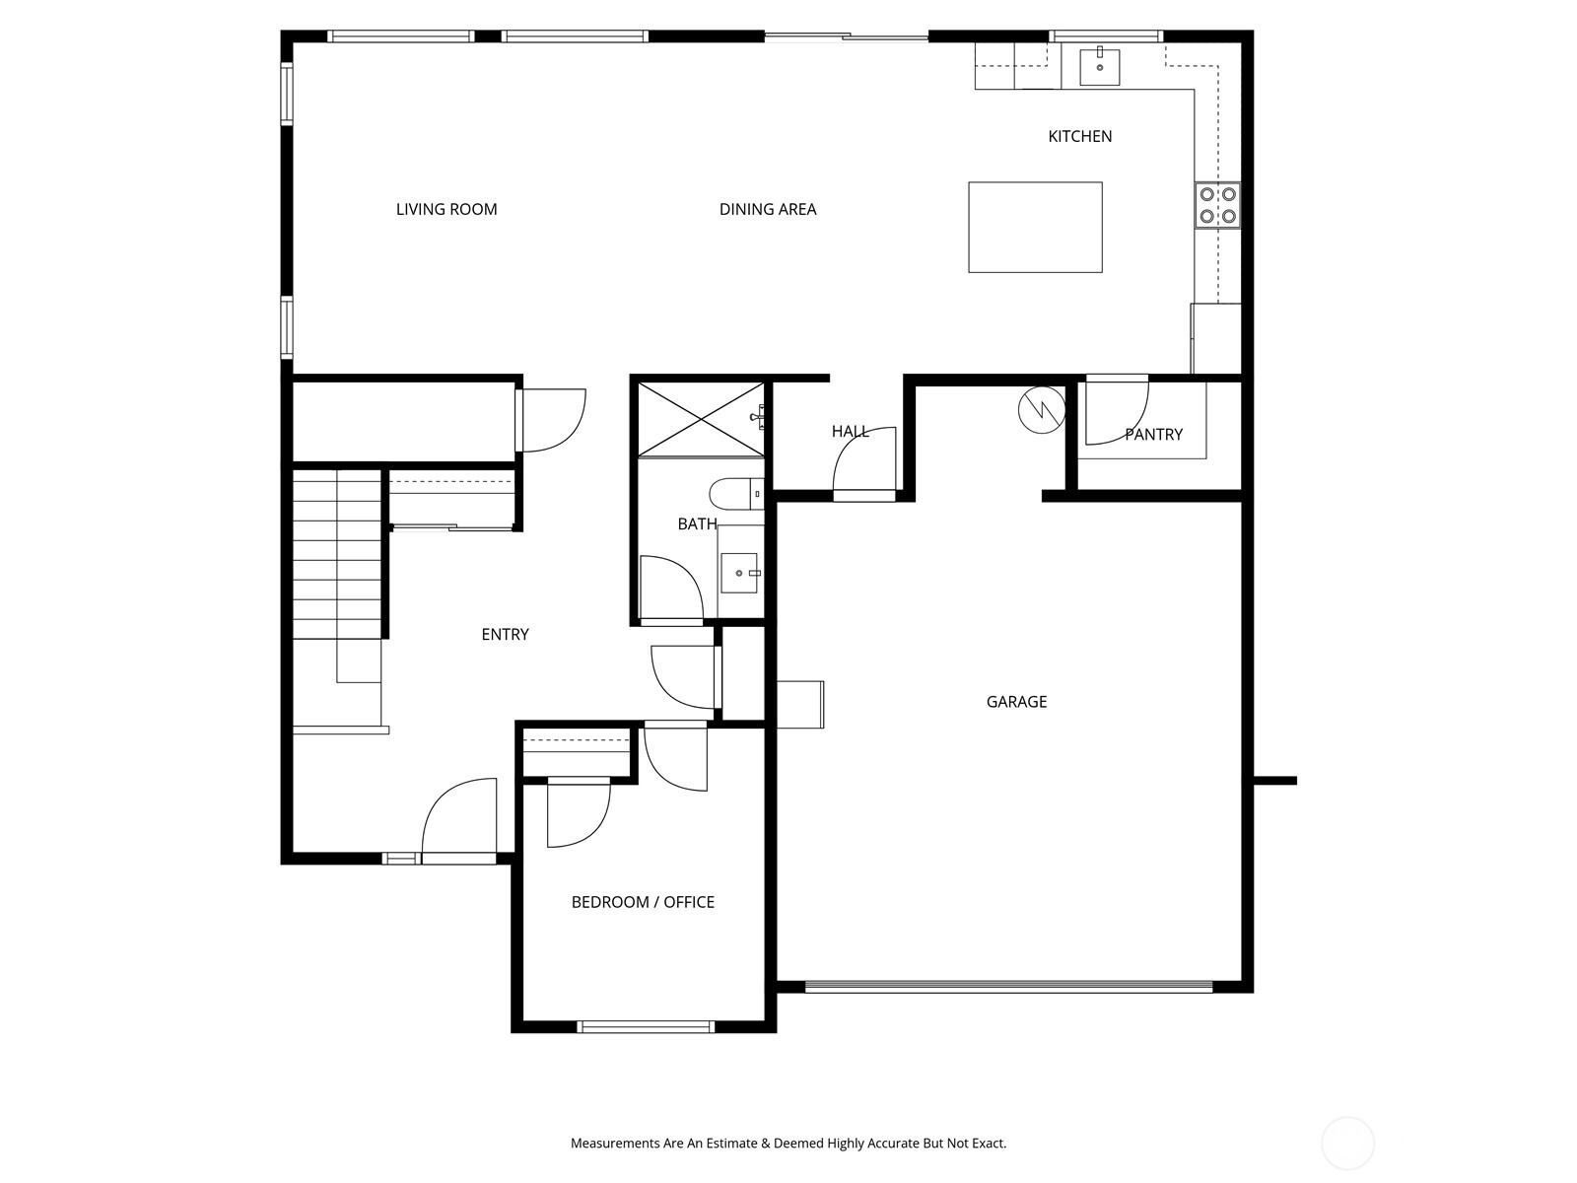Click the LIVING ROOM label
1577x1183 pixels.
pyautogui.click(x=446, y=209)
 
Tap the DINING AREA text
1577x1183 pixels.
pyautogui.click(x=767, y=209)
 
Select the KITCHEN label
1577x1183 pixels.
pyautogui.click(x=1079, y=136)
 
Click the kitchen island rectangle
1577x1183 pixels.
pyautogui.click(x=1035, y=227)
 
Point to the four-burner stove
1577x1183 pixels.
pyautogui.click(x=1218, y=205)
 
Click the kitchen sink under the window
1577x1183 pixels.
pyautogui.click(x=1099, y=67)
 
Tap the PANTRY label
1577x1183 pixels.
pyautogui.click(x=1153, y=434)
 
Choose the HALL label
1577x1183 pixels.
pyautogui.click(x=850, y=431)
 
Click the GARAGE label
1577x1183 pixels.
pyautogui.click(x=1016, y=702)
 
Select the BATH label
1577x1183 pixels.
pyautogui.click(x=697, y=524)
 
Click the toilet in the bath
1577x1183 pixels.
pyautogui.click(x=736, y=494)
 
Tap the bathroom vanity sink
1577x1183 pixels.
pyautogui.click(x=739, y=573)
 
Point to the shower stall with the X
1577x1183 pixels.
pyautogui.click(x=701, y=420)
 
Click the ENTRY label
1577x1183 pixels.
pyautogui.click(x=505, y=634)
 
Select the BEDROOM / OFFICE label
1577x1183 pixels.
pyautogui.click(x=643, y=902)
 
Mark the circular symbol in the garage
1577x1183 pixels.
pyautogui.click(x=1042, y=409)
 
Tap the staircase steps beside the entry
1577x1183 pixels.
pyautogui.click(x=337, y=554)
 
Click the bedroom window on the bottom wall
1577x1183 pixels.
pyautogui.click(x=646, y=1027)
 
